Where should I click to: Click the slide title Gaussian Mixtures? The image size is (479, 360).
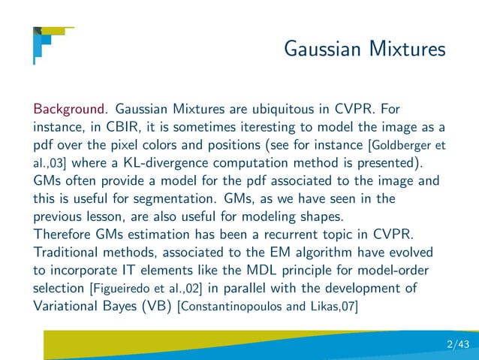365,50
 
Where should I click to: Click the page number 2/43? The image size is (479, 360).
456,345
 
